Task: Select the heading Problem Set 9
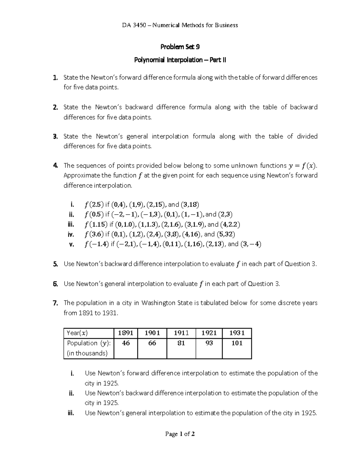pos(180,47)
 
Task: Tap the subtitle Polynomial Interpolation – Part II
pos(180,60)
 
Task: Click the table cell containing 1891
pos(126,333)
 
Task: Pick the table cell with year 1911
pos(181,333)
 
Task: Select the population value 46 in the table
pos(126,343)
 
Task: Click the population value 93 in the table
pos(209,343)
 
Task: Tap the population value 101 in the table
pos(237,343)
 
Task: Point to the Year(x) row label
pos(77,333)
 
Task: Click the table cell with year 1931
pos(237,333)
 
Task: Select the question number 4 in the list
pos(55,166)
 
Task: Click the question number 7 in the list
pos(55,303)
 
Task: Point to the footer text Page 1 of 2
pos(180,434)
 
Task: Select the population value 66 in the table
pos(152,343)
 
